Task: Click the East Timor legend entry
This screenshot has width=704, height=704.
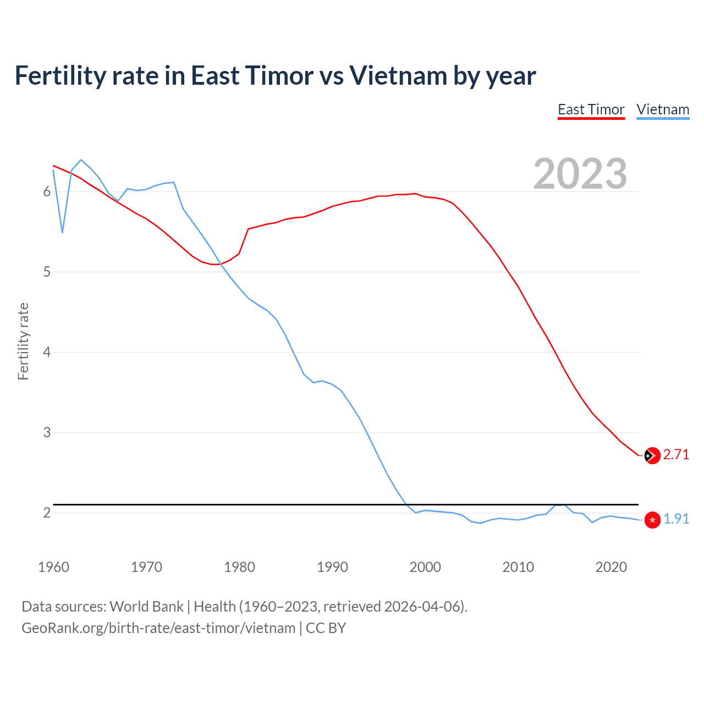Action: [591, 109]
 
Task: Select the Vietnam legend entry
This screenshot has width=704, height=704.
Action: [663, 109]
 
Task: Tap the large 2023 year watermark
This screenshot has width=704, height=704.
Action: [580, 174]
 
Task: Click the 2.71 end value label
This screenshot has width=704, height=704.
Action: [676, 454]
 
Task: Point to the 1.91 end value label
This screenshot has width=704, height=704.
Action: [676, 519]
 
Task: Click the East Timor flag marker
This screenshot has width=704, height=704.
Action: [652, 455]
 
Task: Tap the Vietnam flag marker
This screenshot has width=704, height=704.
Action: [652, 520]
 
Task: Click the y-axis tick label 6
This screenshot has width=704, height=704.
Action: [47, 191]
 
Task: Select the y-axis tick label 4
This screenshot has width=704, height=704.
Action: [47, 352]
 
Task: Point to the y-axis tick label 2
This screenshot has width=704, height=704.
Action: [47, 513]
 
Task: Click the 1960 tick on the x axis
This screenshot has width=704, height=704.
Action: [53, 567]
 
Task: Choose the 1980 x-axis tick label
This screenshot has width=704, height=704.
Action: [239, 567]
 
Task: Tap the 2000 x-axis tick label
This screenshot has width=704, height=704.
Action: [425, 567]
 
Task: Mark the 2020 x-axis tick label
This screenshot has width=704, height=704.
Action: [611, 567]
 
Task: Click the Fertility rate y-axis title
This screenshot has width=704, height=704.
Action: [23, 341]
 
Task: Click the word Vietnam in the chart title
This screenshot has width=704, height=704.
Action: [398, 75]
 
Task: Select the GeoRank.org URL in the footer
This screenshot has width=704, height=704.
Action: [158, 628]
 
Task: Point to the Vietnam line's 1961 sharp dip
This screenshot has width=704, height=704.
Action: [63, 233]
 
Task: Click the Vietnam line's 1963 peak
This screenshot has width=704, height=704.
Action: [81, 159]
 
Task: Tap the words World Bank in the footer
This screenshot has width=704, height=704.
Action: [146, 607]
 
